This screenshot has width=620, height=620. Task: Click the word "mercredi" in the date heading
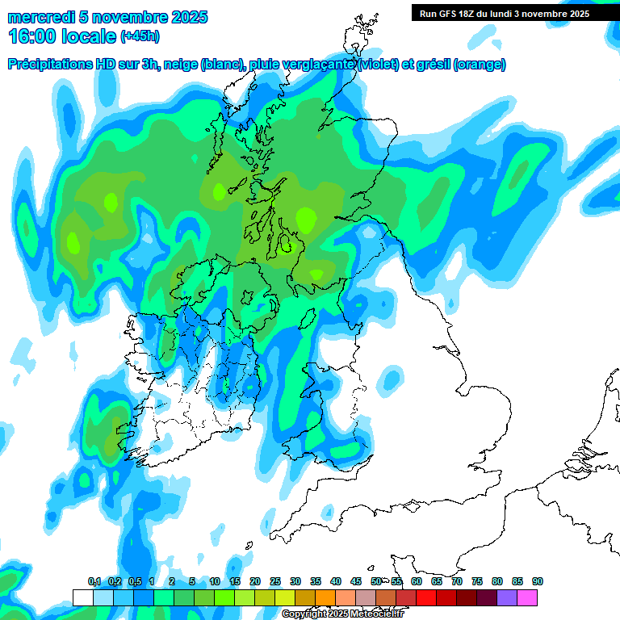coord(39,17)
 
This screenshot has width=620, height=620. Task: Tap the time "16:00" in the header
coord(33,36)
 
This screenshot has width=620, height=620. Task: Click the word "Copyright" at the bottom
coord(304,614)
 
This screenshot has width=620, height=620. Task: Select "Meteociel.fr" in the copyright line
coord(375,614)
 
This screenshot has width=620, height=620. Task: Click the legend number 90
coord(538,581)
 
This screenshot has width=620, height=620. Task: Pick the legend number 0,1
coord(94,581)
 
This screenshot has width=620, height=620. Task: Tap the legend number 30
coord(295,581)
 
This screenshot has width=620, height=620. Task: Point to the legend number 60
coord(417,581)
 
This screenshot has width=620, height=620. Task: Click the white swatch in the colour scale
coord(82,597)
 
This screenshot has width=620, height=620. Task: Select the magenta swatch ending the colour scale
coord(527,597)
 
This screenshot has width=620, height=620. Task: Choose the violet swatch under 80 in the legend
coord(507,597)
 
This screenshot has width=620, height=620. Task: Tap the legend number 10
coord(215,581)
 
